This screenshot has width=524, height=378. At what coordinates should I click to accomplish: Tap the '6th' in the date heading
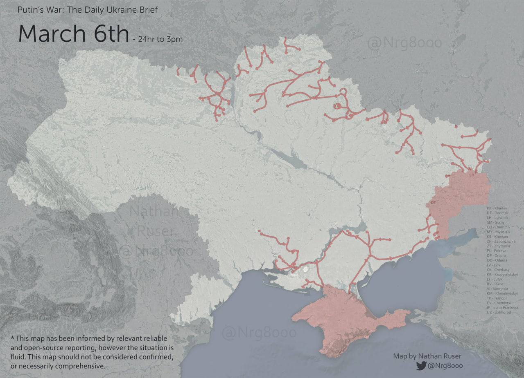pyautogui.click(x=106, y=34)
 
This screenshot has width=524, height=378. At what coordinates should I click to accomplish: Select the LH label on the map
pyautogui.click(x=472, y=175)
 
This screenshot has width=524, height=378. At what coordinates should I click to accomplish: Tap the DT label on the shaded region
pyautogui.click(x=433, y=203)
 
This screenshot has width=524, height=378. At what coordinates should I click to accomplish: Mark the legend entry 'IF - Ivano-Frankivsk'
pyautogui.click(x=503, y=308)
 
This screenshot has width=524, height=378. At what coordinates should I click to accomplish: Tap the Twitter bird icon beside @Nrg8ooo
pyautogui.click(x=421, y=366)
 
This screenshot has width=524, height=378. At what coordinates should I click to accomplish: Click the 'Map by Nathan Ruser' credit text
pyautogui.click(x=427, y=356)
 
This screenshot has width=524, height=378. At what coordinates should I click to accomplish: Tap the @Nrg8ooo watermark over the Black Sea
pyautogui.click(x=259, y=333)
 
